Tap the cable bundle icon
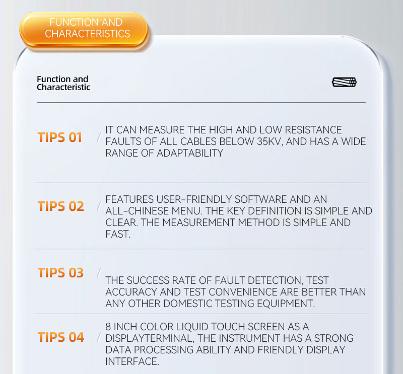pyautogui.click(x=344, y=82)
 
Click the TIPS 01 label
pyautogui.click(x=60, y=137)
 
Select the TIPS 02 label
pyautogui.click(x=61, y=206)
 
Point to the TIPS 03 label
pyautogui.click(x=60, y=272)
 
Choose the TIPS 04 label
pyautogui.click(x=61, y=337)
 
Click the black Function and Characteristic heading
pyautogui.click(x=63, y=83)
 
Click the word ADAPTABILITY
pyautogui.click(x=190, y=153)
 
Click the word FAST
pyautogui.click(x=118, y=234)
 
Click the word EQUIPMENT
pyautogui.click(x=286, y=304)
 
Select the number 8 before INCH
pyautogui.click(x=108, y=327)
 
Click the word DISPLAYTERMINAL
pyautogui.click(x=150, y=338)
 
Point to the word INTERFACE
pyautogui.click(x=132, y=361)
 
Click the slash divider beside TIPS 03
pyautogui.click(x=99, y=273)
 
